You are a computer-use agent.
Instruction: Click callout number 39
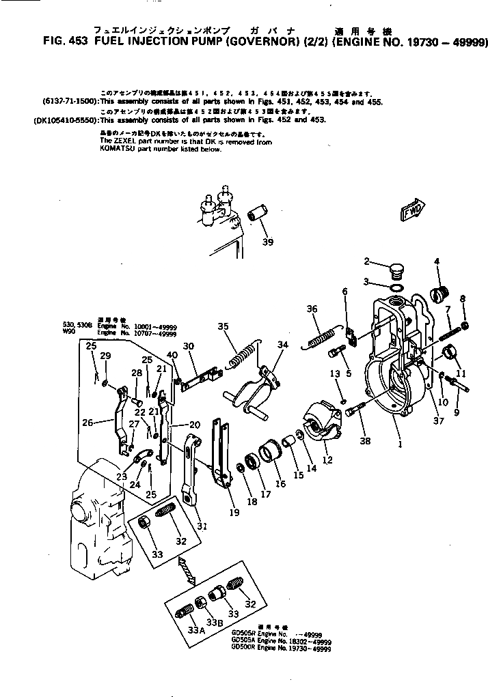tap(267, 242)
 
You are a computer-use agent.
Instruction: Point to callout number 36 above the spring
tap(312, 309)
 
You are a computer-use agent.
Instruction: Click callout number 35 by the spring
tap(222, 326)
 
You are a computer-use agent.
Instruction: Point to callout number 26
tap(87, 423)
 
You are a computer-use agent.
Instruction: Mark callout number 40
tap(172, 355)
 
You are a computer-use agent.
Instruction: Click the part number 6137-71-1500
tap(70, 101)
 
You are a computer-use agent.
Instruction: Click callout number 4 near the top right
tap(437, 261)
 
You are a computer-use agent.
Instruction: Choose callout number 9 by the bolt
tap(457, 412)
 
